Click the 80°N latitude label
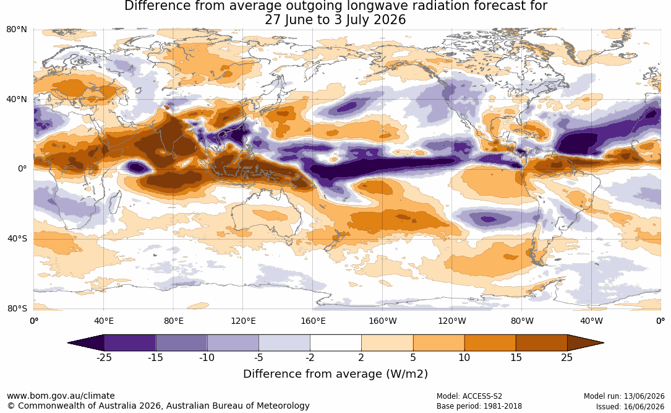click(16, 30)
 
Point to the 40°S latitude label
click(17, 238)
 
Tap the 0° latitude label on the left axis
click(22, 169)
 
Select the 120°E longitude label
click(243, 321)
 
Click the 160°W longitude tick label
click(383, 321)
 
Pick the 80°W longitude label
click(522, 321)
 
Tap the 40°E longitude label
click(103, 321)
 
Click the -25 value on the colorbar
click(104, 357)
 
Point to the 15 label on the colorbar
click(516, 357)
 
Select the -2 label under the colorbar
click(310, 357)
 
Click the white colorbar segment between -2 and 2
click(335, 343)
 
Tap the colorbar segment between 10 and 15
click(490, 343)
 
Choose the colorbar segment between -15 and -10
click(181, 343)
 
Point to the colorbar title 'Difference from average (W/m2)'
click(335, 373)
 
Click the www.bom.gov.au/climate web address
click(61, 396)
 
